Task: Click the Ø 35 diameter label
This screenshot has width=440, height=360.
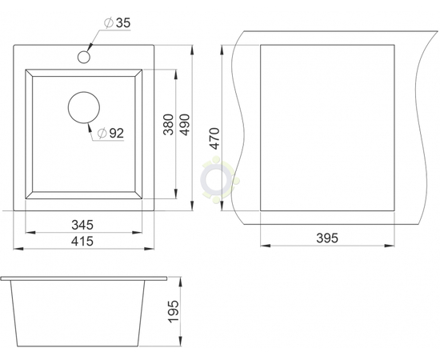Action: pyautogui.click(x=118, y=23)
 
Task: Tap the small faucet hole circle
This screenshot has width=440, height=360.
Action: pyautogui.click(x=84, y=57)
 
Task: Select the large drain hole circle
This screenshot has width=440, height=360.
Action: pyautogui.click(x=84, y=107)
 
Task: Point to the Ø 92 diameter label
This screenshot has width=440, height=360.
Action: pyautogui.click(x=110, y=133)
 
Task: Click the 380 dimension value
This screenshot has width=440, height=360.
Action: pyautogui.click(x=169, y=124)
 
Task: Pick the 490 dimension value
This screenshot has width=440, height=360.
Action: pyautogui.click(x=185, y=124)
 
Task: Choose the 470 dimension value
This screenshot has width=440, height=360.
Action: pyautogui.click(x=215, y=138)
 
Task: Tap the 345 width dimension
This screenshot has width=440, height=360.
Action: pyautogui.click(x=82, y=225)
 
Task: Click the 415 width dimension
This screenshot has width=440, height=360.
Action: pyautogui.click(x=82, y=241)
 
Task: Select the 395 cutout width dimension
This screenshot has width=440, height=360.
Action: pyautogui.click(x=327, y=238)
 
